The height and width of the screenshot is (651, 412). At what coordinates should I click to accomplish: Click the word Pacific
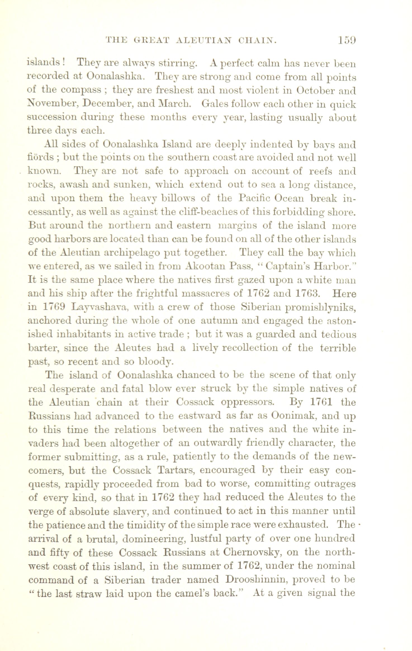255,198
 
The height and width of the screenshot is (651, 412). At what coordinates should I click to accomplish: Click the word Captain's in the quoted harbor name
284,266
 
